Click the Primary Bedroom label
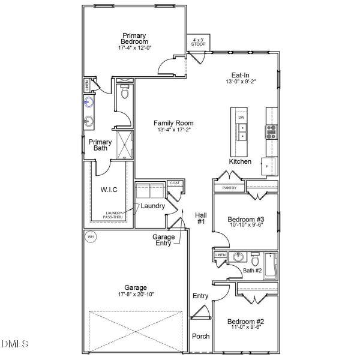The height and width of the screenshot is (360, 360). (135, 38)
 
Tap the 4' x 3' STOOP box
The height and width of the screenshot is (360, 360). (197, 42)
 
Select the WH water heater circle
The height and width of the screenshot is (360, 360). (91, 236)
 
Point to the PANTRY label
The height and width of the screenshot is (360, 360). (229, 188)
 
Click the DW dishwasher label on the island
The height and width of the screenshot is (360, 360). (241, 118)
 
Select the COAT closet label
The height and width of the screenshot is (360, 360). (175, 183)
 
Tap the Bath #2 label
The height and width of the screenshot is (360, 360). (253, 271)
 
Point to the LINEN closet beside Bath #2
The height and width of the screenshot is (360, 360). (220, 256)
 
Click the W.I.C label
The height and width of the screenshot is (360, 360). (109, 190)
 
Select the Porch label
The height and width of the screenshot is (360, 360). (200, 336)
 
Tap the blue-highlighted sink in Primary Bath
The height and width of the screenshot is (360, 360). (88, 101)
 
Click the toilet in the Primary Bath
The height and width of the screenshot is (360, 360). (125, 93)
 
